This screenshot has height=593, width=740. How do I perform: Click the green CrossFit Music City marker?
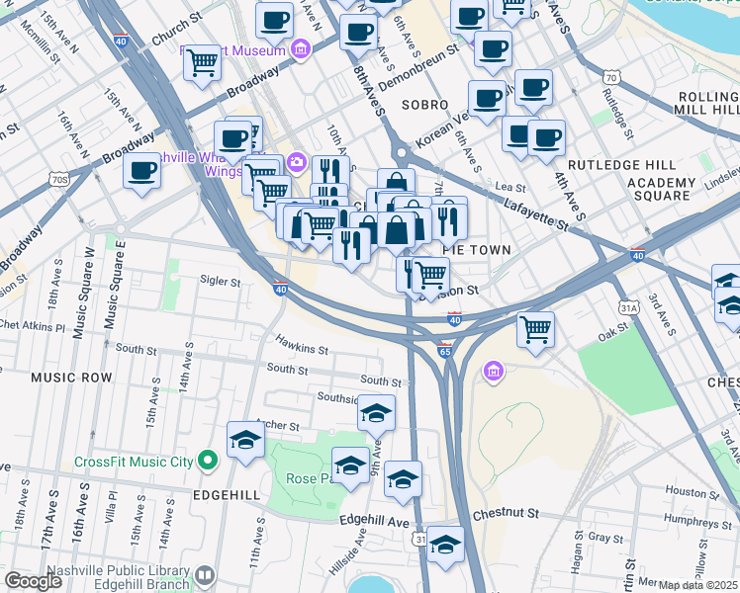[x=208, y=460]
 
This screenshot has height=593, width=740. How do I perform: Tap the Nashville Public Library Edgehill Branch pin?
[x=205, y=575]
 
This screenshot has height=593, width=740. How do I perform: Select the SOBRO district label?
[x=424, y=104]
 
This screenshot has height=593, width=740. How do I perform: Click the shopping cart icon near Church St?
[x=202, y=62]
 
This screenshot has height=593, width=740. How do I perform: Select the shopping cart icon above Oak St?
[x=535, y=328]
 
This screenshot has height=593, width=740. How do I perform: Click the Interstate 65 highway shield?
[x=444, y=350]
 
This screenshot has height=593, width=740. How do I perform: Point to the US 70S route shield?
[x=58, y=179]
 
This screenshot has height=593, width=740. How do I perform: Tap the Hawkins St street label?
[x=302, y=349]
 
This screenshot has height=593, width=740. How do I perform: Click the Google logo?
[x=33, y=581]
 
